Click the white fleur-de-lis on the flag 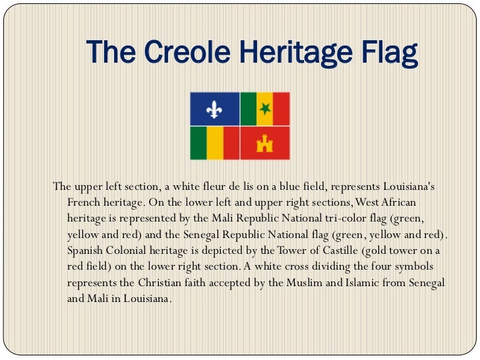click(x=214, y=108)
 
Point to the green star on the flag click(x=264, y=108)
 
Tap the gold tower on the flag click(x=265, y=142)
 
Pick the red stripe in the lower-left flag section click(x=230, y=143)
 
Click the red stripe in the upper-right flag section click(x=282, y=108)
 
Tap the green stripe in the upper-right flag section click(x=247, y=108)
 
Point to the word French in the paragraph click(x=83, y=201)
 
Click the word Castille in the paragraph click(x=328, y=251)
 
